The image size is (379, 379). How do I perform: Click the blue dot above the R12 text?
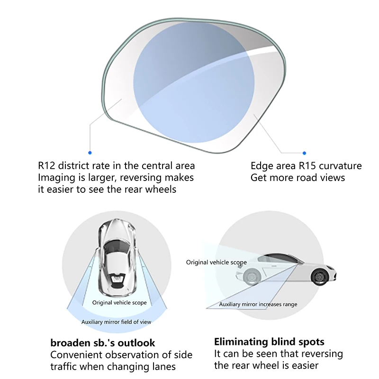click(x=90, y=153)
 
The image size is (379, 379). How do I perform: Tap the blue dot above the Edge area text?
click(x=304, y=153)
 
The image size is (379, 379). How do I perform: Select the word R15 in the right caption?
click(x=309, y=166)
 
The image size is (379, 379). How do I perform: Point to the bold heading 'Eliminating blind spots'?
click(x=269, y=342)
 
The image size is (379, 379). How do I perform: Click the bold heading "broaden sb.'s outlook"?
click(x=103, y=343)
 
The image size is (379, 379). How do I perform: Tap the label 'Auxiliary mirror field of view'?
click(x=116, y=322)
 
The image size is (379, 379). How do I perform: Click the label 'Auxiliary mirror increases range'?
click(x=258, y=305)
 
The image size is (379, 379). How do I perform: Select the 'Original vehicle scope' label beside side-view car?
click(x=216, y=262)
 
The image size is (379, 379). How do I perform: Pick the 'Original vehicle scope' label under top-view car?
click(x=119, y=302)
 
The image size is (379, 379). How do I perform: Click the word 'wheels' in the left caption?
click(x=163, y=189)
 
